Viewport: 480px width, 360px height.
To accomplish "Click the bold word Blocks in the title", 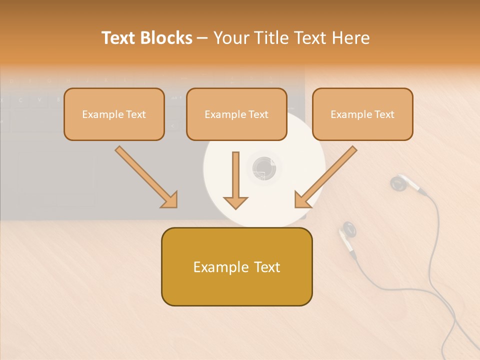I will click(x=166, y=38).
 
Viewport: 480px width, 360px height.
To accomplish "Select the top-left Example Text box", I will click(x=114, y=114).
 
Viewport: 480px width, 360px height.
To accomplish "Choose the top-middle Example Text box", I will click(x=236, y=114).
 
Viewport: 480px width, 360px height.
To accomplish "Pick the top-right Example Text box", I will click(x=362, y=114).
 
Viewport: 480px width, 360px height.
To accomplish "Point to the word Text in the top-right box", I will click(x=384, y=114).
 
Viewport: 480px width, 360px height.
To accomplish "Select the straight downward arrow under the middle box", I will click(x=235, y=180).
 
